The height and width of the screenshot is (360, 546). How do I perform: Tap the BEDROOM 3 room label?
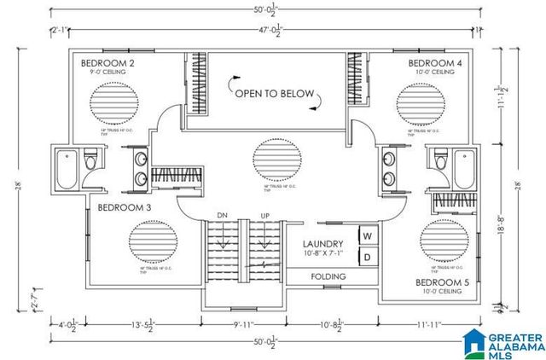(x=125, y=207)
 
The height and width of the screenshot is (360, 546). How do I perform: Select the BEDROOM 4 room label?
(x=434, y=64)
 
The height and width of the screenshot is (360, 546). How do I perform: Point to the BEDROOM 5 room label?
(x=443, y=282)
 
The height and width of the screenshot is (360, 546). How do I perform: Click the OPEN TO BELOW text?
(x=274, y=94)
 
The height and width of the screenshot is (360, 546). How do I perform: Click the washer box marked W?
(x=368, y=235)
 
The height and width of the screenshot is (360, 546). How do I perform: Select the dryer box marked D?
(x=368, y=256)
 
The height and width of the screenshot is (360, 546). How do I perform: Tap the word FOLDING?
(x=328, y=277)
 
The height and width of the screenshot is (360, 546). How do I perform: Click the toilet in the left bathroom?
(x=90, y=159)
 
